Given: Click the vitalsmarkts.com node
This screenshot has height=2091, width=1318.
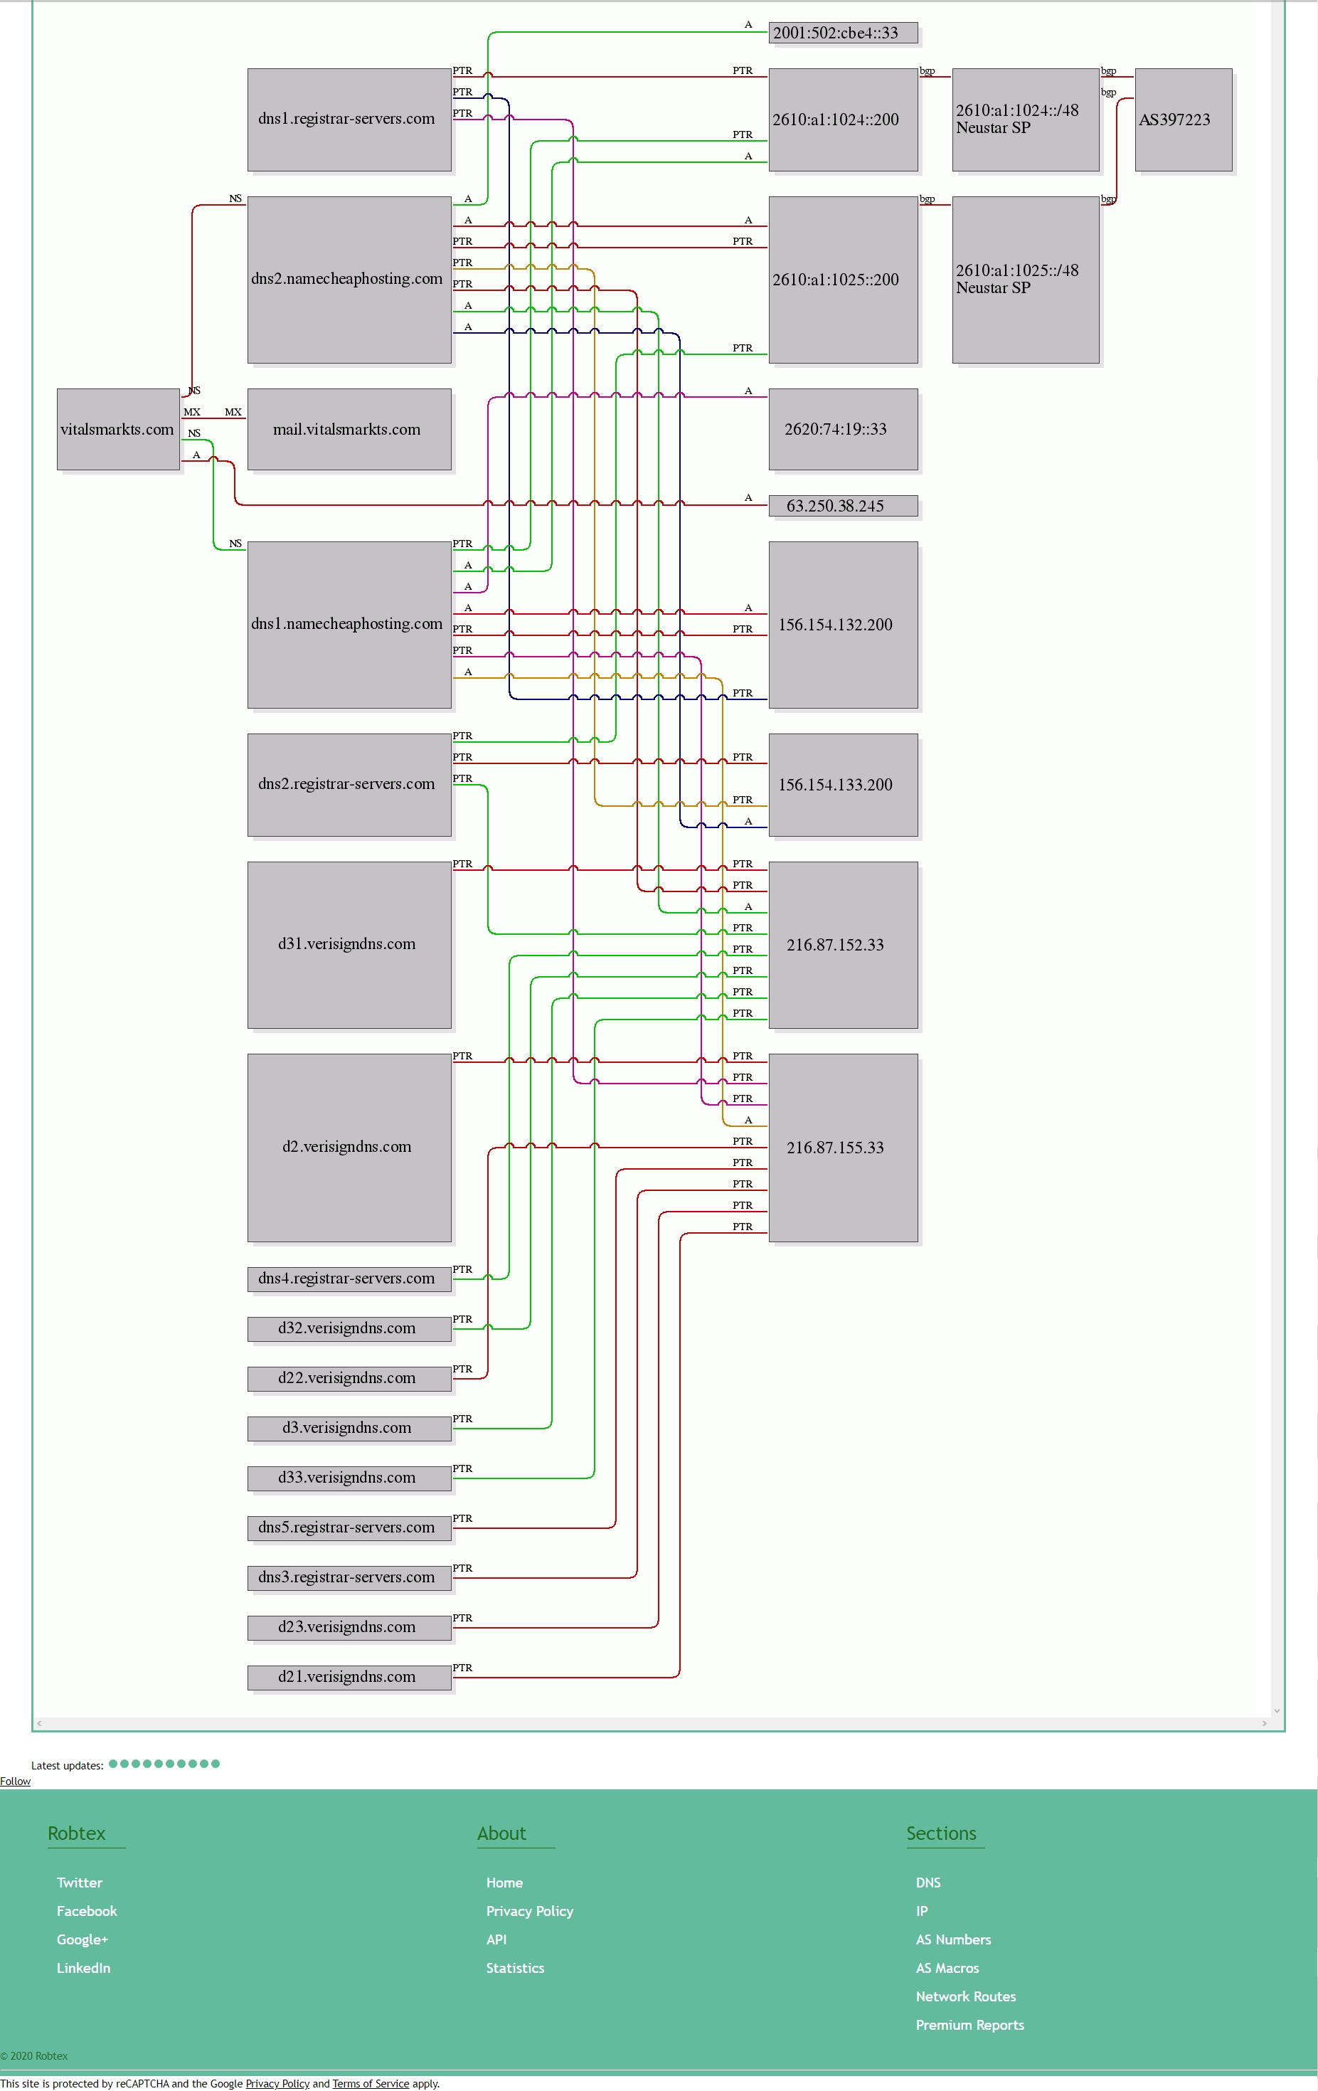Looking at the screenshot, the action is coord(118,429).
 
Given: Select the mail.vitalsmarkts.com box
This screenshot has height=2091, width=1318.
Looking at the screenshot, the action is coord(349,429).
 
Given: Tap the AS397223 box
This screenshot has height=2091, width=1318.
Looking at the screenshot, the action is coord(1184,120).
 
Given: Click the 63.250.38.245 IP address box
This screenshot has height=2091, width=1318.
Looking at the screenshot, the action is coord(843,505).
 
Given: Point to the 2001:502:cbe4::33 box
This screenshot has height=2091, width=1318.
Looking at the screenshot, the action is coord(843,33).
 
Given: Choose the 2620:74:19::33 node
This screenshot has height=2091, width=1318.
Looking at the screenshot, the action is coord(843,429).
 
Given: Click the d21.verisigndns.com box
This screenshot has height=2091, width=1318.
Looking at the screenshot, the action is coord(349,1677).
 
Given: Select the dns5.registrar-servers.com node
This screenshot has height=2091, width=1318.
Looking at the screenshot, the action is coord(349,1528).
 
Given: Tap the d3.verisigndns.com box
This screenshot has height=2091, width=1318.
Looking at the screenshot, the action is coord(349,1428).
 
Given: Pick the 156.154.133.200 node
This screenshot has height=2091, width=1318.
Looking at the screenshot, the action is coord(843,785).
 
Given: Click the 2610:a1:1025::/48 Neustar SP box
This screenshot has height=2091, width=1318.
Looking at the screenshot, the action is coord(1026,280).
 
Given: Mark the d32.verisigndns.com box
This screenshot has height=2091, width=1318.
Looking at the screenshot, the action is coord(349,1328).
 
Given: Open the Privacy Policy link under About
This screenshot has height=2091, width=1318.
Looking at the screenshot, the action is coord(530,1910).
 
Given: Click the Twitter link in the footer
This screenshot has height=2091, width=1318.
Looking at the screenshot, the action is coord(79,1882).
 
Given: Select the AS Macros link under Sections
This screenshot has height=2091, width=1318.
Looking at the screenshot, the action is coord(947,1968).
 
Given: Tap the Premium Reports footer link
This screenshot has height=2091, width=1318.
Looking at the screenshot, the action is coord(970,2024).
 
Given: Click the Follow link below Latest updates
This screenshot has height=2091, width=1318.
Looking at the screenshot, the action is coord(15,1781).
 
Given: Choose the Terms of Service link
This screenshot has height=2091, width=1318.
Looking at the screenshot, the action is coord(371,2083).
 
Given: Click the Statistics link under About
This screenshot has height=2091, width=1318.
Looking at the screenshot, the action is coord(515,1968).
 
